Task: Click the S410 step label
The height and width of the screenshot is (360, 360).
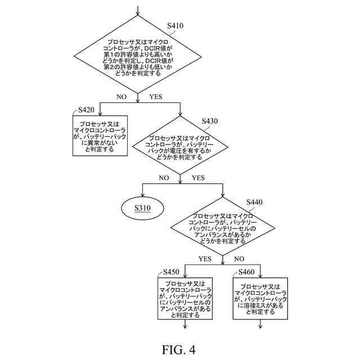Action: click(x=175, y=26)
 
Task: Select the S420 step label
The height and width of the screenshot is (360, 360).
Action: click(x=86, y=109)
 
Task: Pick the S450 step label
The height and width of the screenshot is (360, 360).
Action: click(x=172, y=272)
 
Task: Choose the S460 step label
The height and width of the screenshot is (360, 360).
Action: click(x=246, y=272)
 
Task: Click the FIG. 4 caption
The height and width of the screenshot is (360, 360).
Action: click(x=179, y=349)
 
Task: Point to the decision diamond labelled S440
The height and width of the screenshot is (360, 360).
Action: click(x=223, y=228)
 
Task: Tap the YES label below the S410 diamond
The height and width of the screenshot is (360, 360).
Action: click(x=155, y=97)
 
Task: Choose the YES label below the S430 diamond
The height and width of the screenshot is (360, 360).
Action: click(x=198, y=178)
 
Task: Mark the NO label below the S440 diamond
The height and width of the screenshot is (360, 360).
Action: click(x=239, y=259)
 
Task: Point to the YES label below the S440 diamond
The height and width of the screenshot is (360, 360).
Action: click(x=205, y=259)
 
